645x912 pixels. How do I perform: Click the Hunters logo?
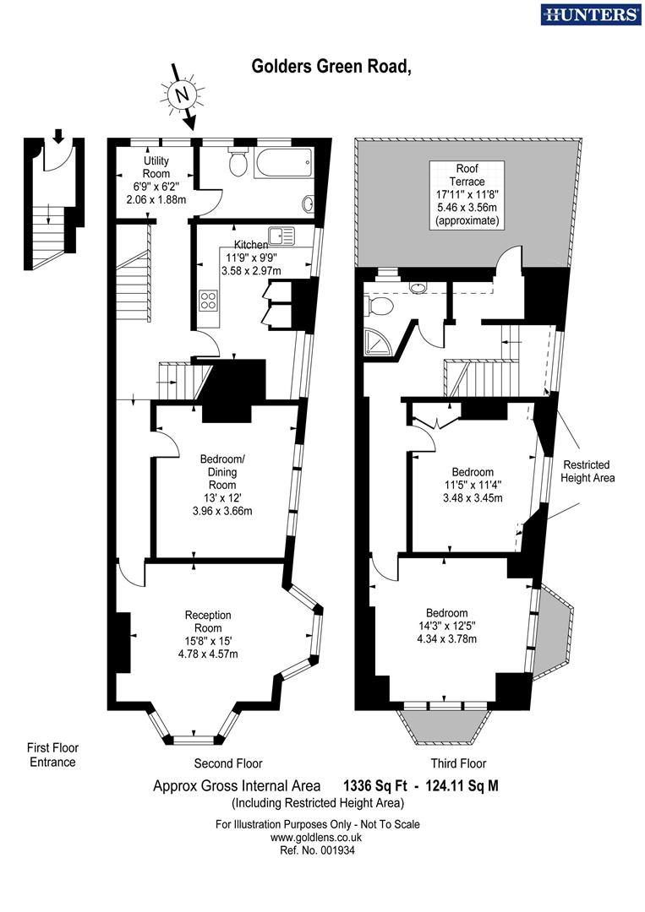[590, 14]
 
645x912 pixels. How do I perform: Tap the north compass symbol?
[180, 95]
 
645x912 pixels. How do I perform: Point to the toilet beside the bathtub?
[237, 161]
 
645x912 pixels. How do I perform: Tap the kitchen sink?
[280, 236]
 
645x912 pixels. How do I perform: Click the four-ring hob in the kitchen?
[209, 300]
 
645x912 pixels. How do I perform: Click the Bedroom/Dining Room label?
[222, 472]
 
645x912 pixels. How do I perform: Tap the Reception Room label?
[208, 622]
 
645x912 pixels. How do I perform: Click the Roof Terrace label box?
[466, 193]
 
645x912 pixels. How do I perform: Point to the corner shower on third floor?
[375, 341]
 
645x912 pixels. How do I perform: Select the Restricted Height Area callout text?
[587, 471]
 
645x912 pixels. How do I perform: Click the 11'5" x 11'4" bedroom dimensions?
[473, 491]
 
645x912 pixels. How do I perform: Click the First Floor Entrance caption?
[52, 755]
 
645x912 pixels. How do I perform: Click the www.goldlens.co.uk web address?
[316, 837]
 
